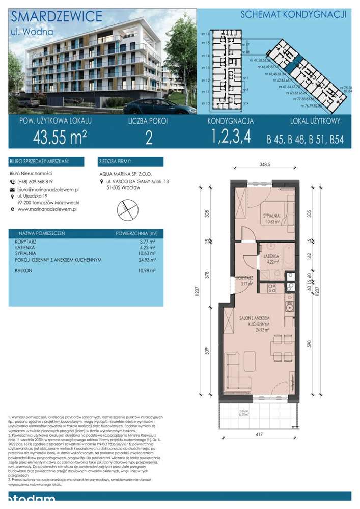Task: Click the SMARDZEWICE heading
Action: click(x=56, y=16)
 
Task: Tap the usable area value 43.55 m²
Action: click(x=60, y=137)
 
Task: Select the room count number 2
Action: click(x=149, y=138)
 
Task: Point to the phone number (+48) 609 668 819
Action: click(x=35, y=182)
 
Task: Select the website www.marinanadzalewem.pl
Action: click(x=47, y=209)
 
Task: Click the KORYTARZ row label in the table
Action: click(x=26, y=243)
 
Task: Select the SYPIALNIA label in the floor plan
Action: click(x=272, y=217)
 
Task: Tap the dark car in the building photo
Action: click(x=158, y=106)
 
